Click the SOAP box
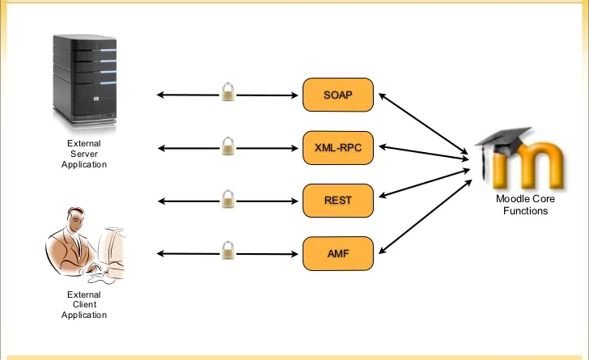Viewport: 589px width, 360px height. tap(338, 95)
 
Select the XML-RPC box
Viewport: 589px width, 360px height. tap(338, 147)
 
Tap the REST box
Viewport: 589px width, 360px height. tap(338, 200)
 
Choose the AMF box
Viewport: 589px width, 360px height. tap(338, 253)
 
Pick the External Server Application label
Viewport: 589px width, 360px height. tap(84, 154)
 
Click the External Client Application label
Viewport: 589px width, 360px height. tap(84, 305)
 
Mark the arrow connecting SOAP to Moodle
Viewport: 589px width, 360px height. tap(425, 123)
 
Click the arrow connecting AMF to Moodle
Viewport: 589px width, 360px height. tap(425, 217)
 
